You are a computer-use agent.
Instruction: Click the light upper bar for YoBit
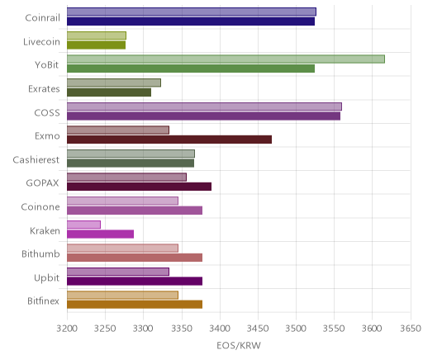tap(226, 59)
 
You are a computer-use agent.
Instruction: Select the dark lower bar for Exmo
tap(169, 140)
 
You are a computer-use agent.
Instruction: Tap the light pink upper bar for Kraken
tap(83, 225)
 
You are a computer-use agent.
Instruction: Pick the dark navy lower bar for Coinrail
tap(191, 21)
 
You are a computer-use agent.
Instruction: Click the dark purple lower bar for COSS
tap(203, 116)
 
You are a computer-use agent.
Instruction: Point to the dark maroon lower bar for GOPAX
tap(139, 187)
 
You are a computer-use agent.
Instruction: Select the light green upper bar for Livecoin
tap(97, 36)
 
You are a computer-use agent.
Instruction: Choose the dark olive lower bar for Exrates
tap(109, 92)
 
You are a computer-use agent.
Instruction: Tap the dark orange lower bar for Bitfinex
tap(135, 305)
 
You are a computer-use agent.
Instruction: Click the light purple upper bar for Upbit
tap(118, 272)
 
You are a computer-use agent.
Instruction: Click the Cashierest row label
tap(36, 159)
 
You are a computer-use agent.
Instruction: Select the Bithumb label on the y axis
tap(40, 253)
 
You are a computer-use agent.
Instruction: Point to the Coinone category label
tap(40, 206)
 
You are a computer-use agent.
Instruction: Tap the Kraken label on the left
tap(45, 230)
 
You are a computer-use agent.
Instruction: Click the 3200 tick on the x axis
tap(67, 329)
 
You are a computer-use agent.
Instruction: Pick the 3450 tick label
tap(258, 329)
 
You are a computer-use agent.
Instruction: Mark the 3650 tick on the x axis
tap(411, 329)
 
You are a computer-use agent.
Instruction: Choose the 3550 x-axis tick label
tap(335, 329)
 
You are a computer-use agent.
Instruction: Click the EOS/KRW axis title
tap(239, 345)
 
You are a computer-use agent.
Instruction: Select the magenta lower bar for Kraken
tap(100, 234)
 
